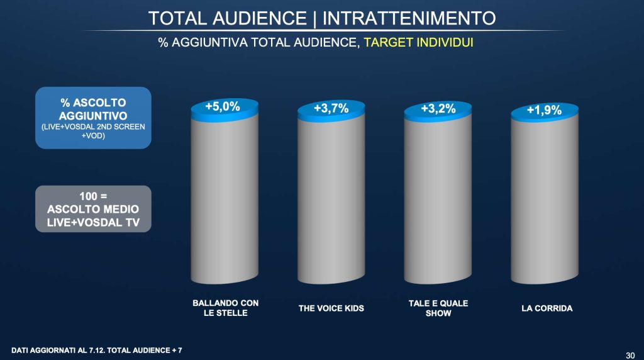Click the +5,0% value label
pos(223,107)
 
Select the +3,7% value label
pos(331,110)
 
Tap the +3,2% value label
pos(438,110)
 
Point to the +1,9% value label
pos(545,111)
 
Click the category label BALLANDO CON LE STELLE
pos(225,308)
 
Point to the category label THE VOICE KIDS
pos(331,308)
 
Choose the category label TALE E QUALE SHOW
pos(438,308)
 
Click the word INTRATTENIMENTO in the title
pos(409,18)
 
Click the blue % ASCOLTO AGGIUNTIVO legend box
pos(93,117)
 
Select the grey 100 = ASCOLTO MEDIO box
pos(93,208)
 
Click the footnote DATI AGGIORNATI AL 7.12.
pos(66,349)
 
